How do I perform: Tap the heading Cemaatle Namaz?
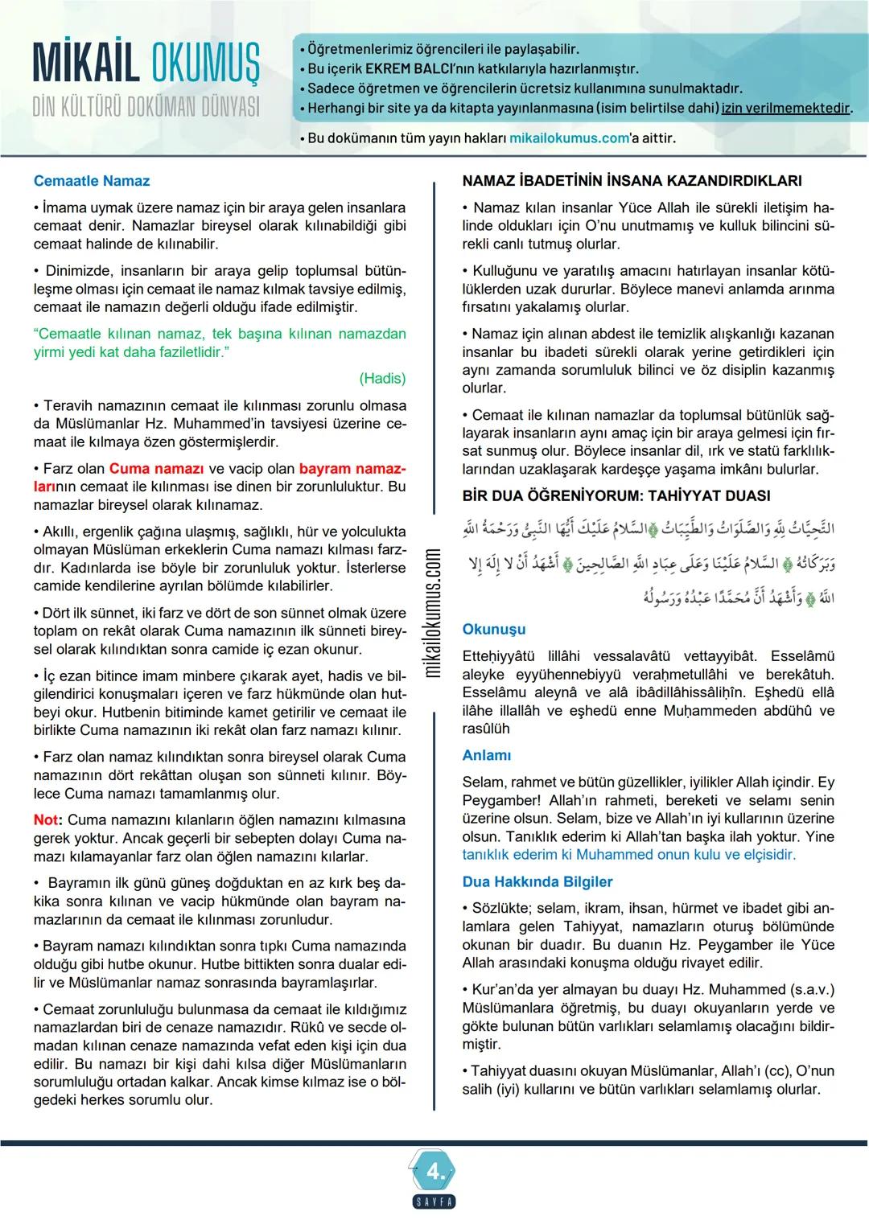pyautogui.click(x=92, y=181)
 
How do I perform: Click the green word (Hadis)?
pyautogui.click(x=382, y=378)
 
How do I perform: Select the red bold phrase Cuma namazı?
pyautogui.click(x=156, y=468)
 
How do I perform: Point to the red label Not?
pyautogui.click(x=47, y=820)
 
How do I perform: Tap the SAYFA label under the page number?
pyautogui.click(x=434, y=1202)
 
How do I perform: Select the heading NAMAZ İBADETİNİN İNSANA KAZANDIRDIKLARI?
pyautogui.click(x=632, y=181)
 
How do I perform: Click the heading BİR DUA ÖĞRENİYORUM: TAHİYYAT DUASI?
pyautogui.click(x=616, y=495)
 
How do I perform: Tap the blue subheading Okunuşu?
pyautogui.click(x=494, y=629)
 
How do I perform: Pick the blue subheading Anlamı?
pyautogui.click(x=487, y=755)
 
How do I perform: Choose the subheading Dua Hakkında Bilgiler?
pyautogui.click(x=537, y=881)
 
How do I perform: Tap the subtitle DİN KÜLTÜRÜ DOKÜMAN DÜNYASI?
pyautogui.click(x=146, y=107)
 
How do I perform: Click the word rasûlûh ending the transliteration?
pyautogui.click(x=486, y=729)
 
